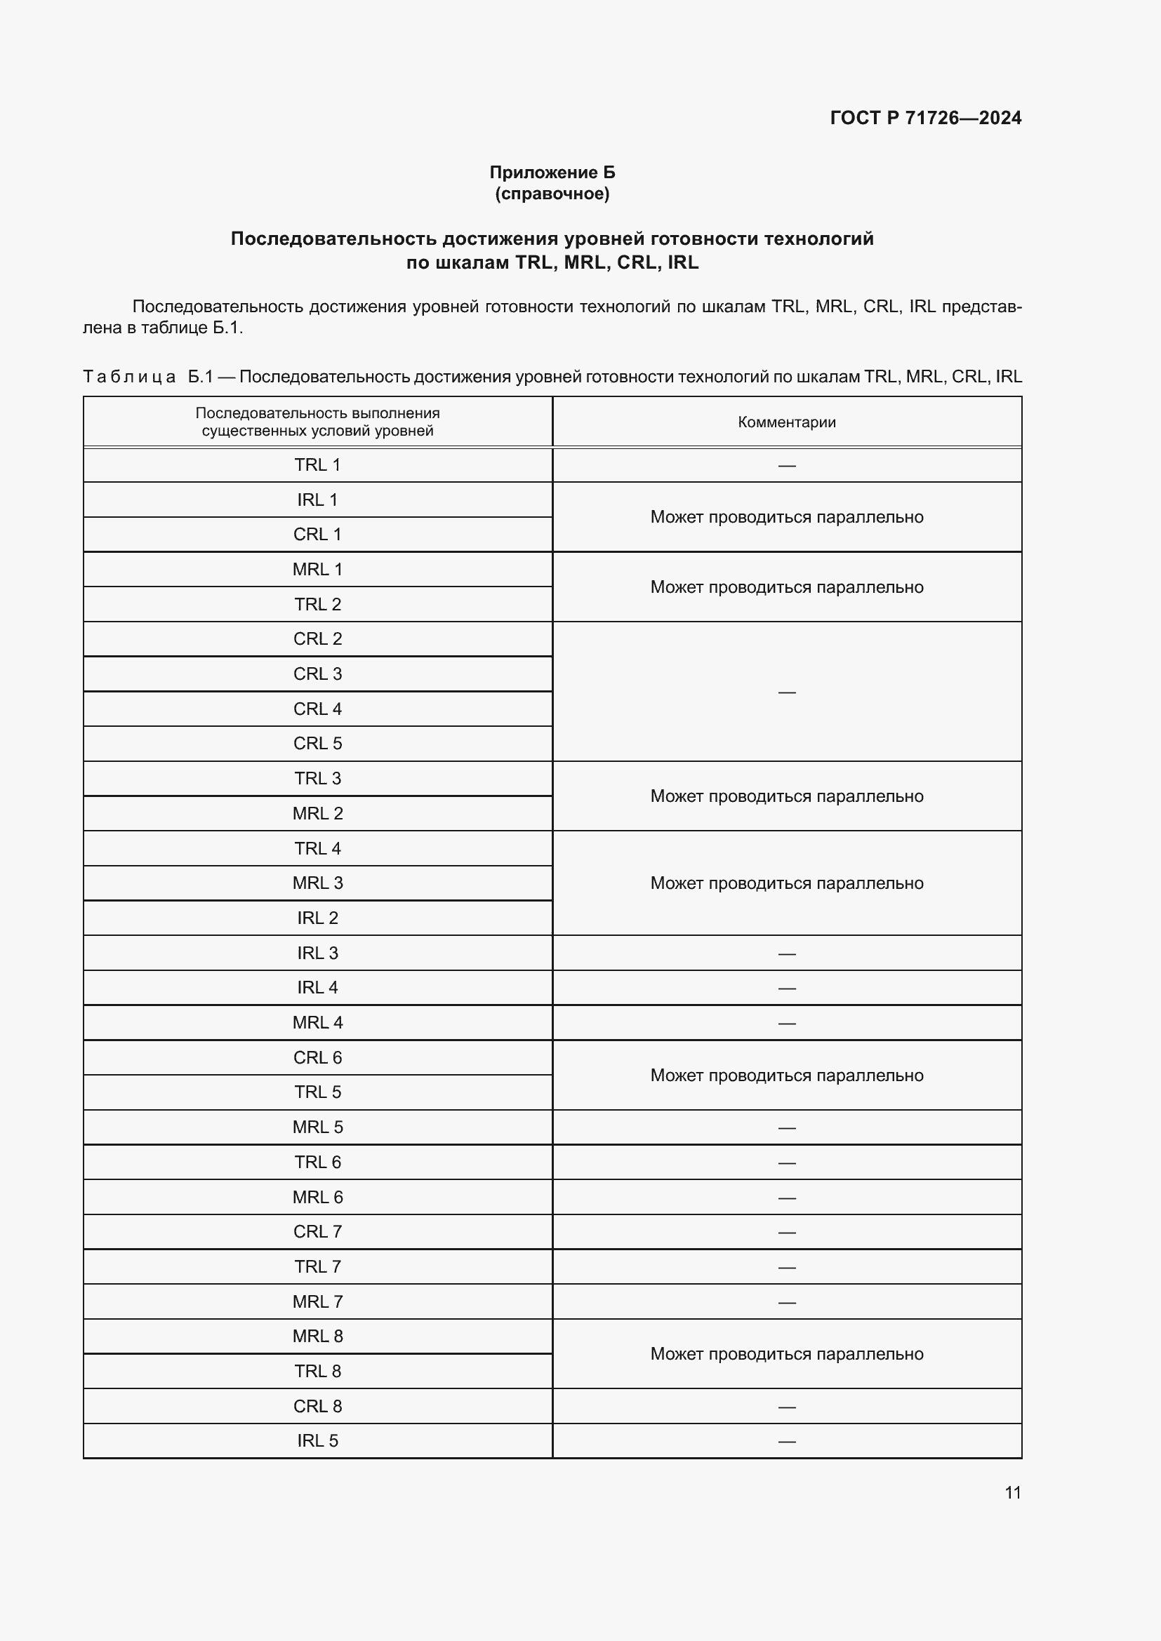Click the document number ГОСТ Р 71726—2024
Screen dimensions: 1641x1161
coord(925,118)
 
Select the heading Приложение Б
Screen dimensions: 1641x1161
coord(552,173)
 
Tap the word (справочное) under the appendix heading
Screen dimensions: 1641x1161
coord(552,194)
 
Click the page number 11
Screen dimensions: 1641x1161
coord(1012,1492)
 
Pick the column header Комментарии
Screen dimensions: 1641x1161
coord(786,422)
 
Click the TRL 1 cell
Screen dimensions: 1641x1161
coord(317,464)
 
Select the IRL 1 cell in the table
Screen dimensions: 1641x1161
coord(317,500)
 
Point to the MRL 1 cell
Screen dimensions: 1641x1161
coord(317,570)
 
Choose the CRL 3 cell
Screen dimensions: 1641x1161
coord(317,674)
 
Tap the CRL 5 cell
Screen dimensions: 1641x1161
coord(317,743)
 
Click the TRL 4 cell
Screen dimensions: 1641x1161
coord(317,848)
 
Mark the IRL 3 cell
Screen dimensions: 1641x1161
coord(317,953)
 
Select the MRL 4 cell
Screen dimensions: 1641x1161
coord(317,1023)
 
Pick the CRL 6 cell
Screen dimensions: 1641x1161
coord(317,1058)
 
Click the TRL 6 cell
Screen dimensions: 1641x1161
coord(317,1162)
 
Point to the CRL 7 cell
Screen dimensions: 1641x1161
coord(317,1231)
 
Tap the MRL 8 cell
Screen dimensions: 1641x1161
coord(317,1336)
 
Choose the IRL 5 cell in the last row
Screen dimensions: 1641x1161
coord(317,1440)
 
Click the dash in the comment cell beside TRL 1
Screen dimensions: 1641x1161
coord(786,465)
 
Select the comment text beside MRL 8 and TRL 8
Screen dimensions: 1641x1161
coord(786,1353)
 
